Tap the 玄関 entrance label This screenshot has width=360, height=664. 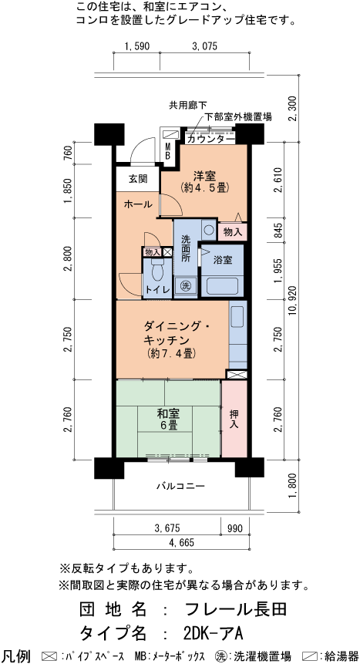point(137,179)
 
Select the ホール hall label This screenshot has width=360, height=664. point(138,204)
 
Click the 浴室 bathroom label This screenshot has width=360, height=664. point(223,259)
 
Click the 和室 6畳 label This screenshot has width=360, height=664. point(169,419)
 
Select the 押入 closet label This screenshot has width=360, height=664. point(235,419)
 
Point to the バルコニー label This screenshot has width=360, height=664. point(180,487)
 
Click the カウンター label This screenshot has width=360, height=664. point(206,139)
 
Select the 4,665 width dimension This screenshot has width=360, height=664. point(180,542)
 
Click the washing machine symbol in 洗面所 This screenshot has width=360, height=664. point(185,285)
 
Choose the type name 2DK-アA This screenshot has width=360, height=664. point(214,633)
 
